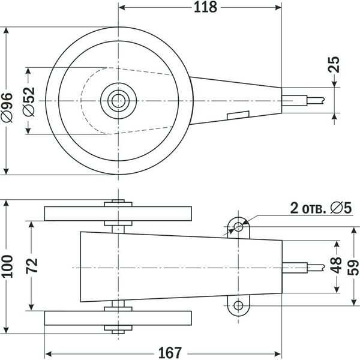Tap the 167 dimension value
[x=169, y=352]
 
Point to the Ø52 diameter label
[x=30, y=101]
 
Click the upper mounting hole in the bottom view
[x=239, y=227]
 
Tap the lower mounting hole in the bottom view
[x=239, y=306]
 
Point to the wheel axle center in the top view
[x=118, y=100]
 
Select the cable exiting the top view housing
[x=300, y=98]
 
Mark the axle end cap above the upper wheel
[x=118, y=202]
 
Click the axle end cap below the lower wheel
[x=118, y=329]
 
